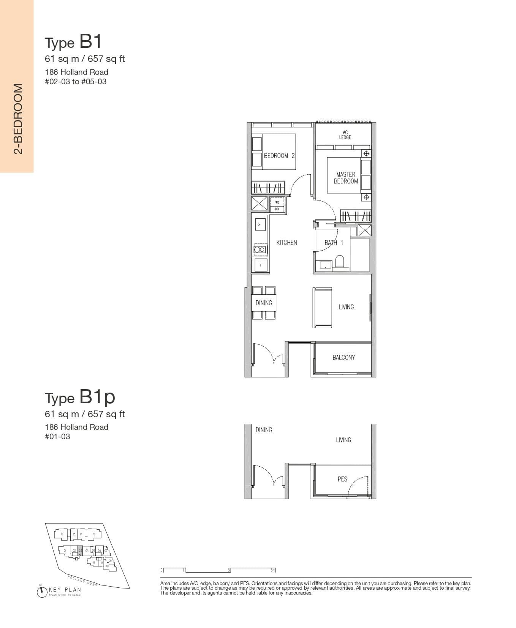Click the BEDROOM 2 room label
(279, 156)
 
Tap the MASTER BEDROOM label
(346, 178)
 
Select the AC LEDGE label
(345, 135)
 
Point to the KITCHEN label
(286, 243)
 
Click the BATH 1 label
(334, 243)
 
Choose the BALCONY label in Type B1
(343, 357)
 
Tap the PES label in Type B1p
(342, 479)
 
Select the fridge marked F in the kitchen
(261, 265)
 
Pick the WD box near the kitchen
(277, 202)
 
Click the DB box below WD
(277, 209)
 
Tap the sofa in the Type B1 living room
(323, 307)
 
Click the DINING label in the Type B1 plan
(264, 303)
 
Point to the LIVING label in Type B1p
(343, 440)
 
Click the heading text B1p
(97, 397)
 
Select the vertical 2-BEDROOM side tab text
(18, 119)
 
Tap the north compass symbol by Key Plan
(41, 592)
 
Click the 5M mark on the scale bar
(273, 570)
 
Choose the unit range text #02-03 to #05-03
(76, 82)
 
